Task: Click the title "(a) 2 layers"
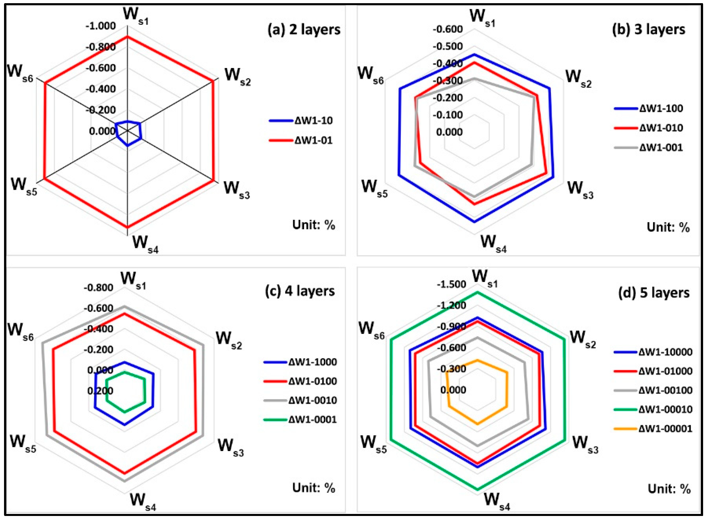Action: click(304, 30)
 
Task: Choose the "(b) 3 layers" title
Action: click(649, 30)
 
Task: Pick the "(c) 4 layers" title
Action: click(300, 291)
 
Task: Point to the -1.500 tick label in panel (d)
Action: click(451, 284)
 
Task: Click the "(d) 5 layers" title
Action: click(654, 293)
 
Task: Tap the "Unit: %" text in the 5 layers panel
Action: click(669, 489)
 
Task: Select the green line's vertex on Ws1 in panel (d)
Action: click(477, 292)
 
